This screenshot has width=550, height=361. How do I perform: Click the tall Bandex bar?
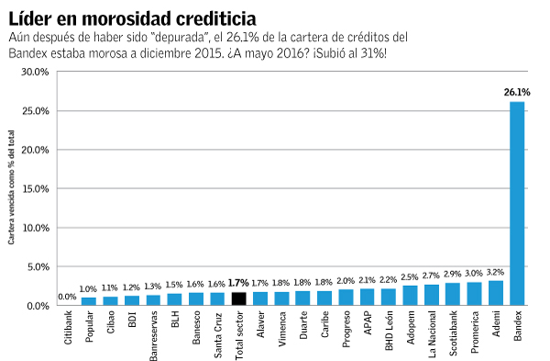click(x=517, y=202)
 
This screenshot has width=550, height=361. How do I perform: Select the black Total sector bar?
click(x=238, y=298)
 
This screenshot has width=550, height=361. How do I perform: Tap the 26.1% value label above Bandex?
click(x=517, y=93)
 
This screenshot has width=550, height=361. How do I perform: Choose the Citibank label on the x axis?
click(x=68, y=329)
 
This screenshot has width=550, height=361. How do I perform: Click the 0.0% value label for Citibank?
click(x=67, y=297)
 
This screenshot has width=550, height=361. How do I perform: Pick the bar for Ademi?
click(x=496, y=292)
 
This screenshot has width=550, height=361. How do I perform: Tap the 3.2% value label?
click(x=496, y=273)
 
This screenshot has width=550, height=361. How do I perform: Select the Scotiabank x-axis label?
click(x=454, y=333)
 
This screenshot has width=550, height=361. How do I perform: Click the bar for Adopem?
click(x=410, y=294)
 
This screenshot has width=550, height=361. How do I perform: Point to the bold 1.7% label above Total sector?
click(x=238, y=283)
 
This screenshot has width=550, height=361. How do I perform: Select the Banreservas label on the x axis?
click(x=153, y=334)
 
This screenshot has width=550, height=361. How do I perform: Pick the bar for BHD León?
click(x=389, y=296)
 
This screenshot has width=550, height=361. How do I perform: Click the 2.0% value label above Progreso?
click(x=346, y=281)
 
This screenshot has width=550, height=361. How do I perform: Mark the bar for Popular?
click(x=89, y=300)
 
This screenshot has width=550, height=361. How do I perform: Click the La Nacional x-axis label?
click(x=432, y=333)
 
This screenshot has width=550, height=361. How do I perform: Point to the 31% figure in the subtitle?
click(x=372, y=54)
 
